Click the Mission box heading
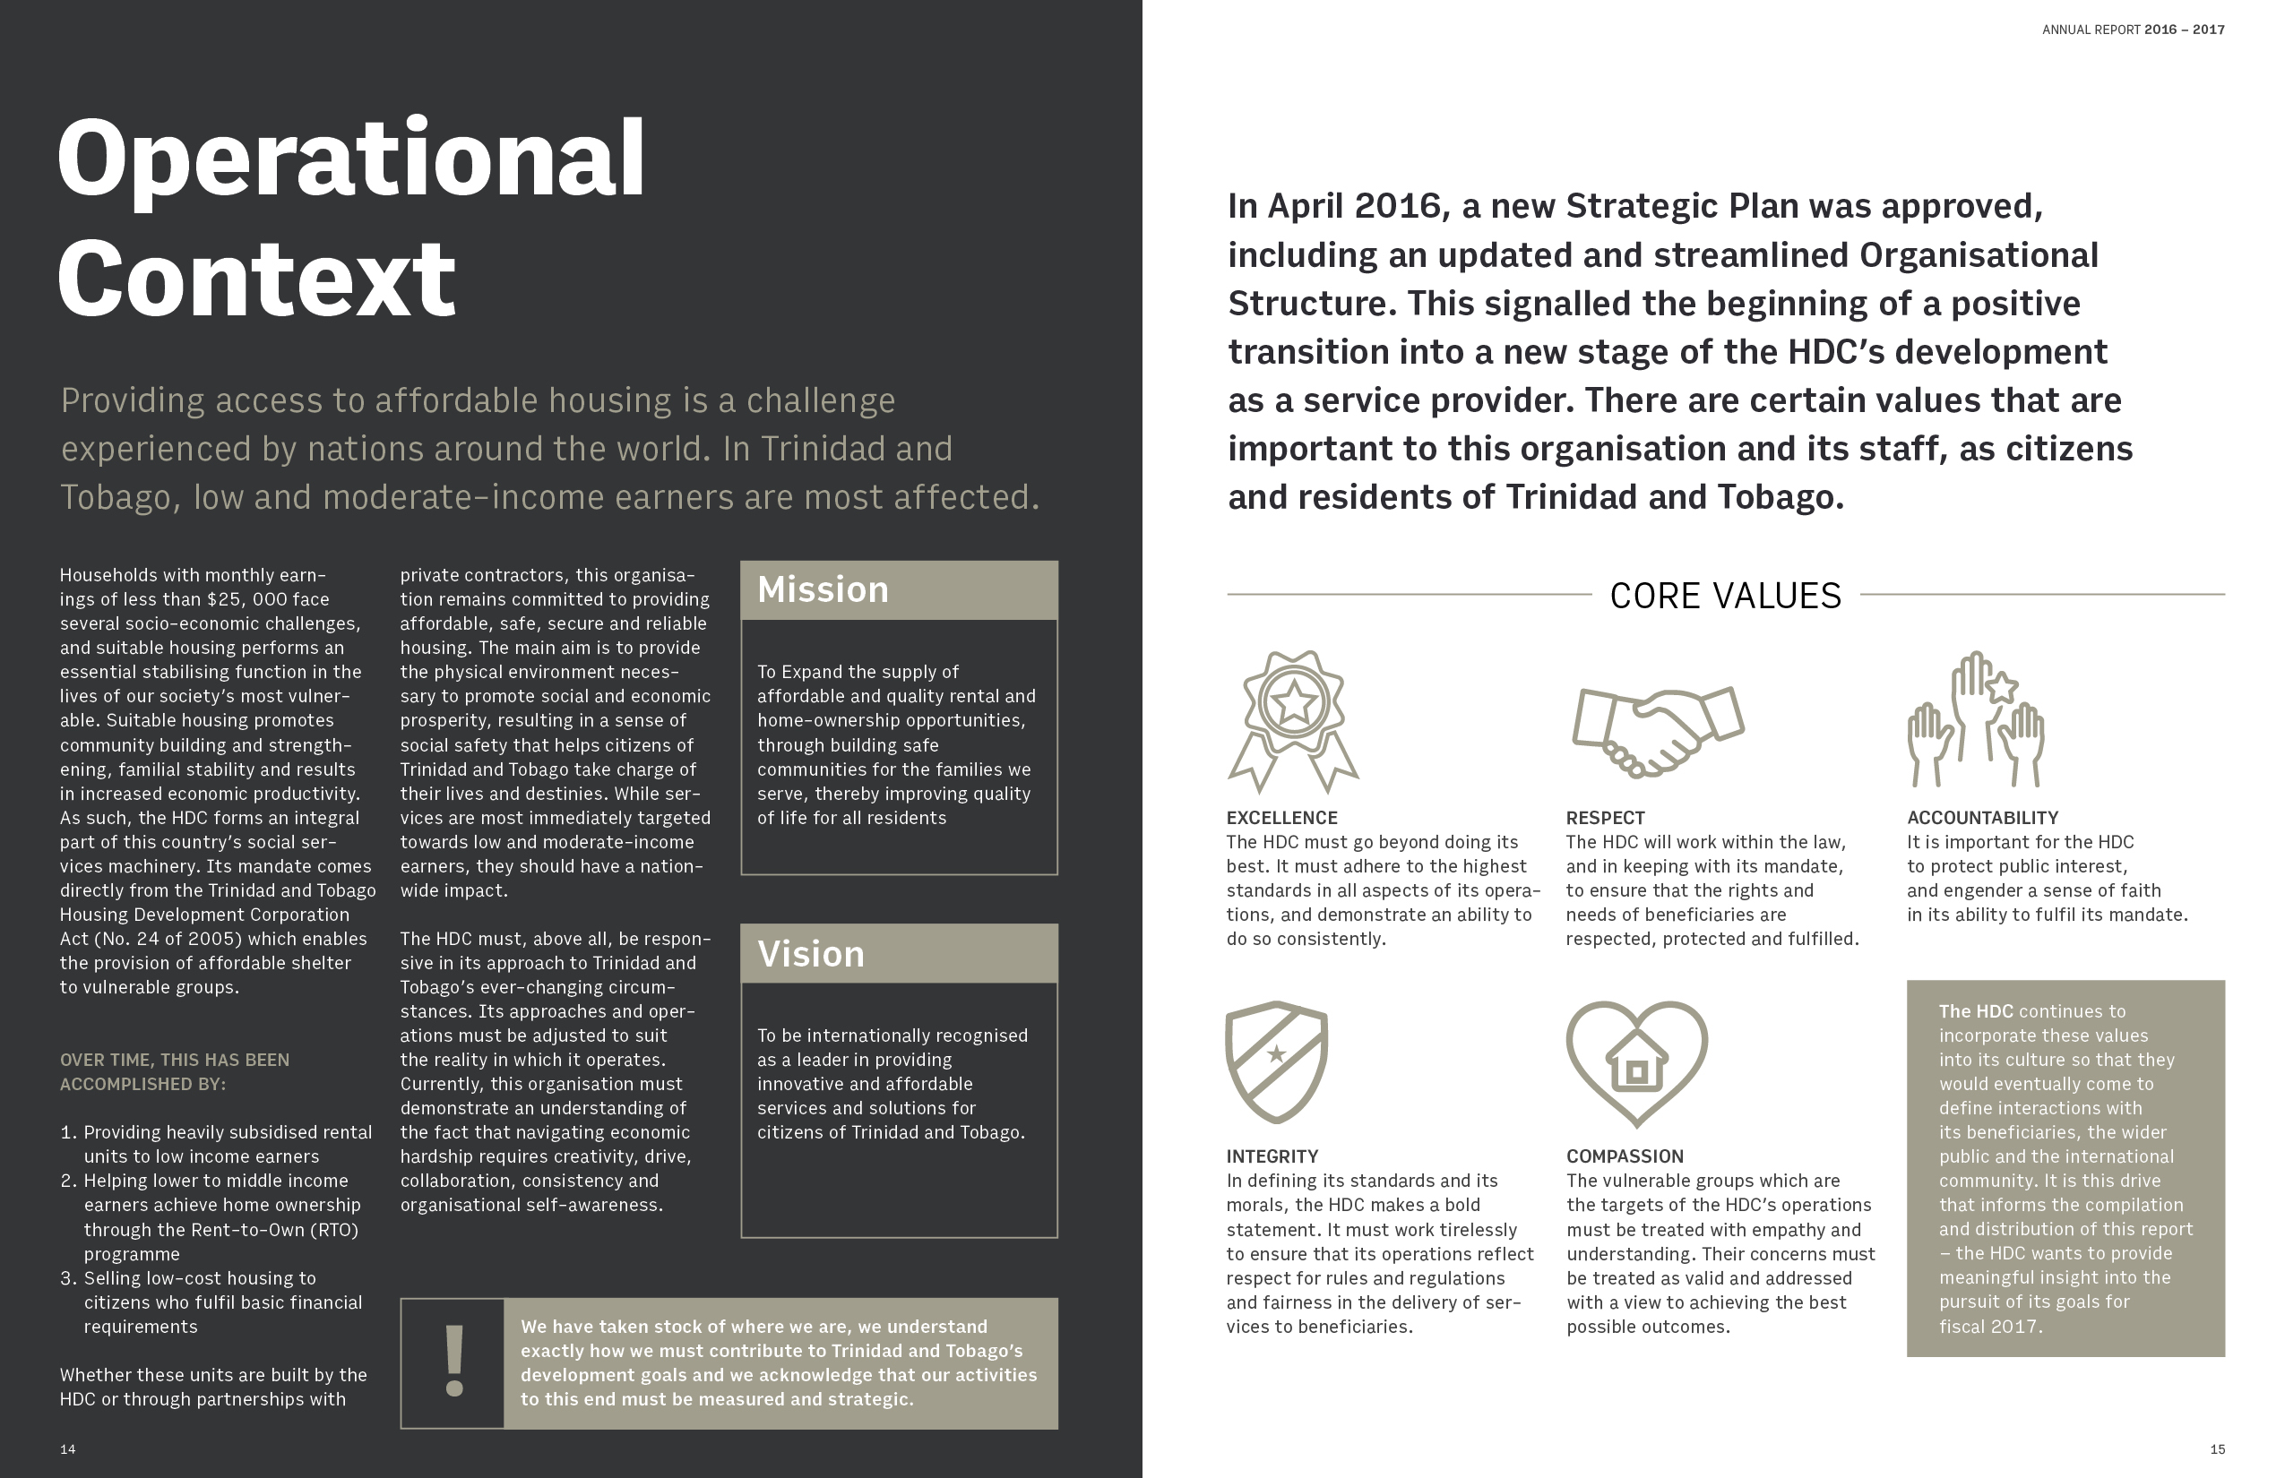point(823,589)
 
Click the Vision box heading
point(810,954)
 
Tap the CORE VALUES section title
point(1725,596)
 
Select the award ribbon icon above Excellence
point(1292,720)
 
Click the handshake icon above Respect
point(1657,728)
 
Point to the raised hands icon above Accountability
point(1976,720)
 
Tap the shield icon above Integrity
point(1276,1061)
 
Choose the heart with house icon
point(1636,1061)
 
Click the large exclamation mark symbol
point(454,1362)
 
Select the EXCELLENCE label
point(1281,818)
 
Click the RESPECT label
point(1605,818)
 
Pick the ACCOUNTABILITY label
point(1982,818)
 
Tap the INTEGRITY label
point(1272,1156)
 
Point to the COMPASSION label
point(1625,1156)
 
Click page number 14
point(67,1449)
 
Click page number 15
point(2217,1449)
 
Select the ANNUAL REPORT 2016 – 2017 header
point(2133,30)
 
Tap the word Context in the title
point(256,279)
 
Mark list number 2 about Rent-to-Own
point(69,1181)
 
